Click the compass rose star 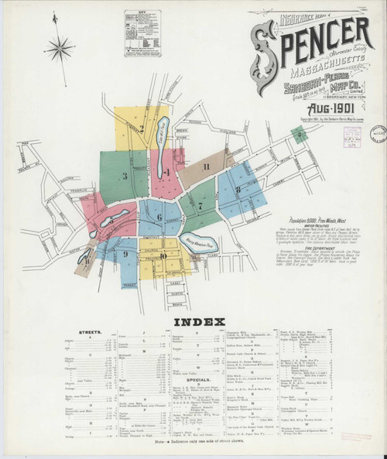(60, 49)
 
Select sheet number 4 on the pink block (167, 172)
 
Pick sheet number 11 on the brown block (206, 166)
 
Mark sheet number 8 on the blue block (238, 189)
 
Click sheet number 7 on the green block (200, 206)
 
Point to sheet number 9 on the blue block (124, 253)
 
